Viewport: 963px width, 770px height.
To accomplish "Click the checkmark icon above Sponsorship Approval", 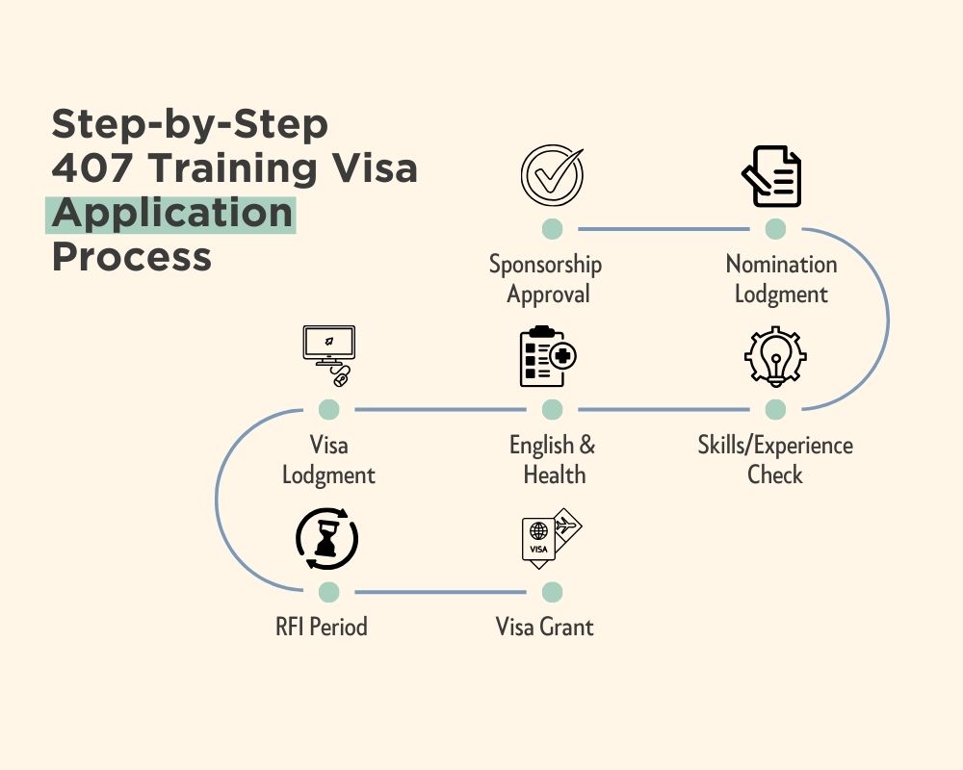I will [552, 175].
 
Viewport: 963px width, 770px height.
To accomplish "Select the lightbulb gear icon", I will [775, 357].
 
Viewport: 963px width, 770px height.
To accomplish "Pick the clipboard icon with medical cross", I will [547, 356].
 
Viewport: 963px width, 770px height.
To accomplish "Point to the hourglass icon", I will [327, 540].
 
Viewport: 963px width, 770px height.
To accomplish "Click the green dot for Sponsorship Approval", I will [552, 229].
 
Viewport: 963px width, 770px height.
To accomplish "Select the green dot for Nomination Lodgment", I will [775, 229].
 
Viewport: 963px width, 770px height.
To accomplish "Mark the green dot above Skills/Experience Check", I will [775, 410].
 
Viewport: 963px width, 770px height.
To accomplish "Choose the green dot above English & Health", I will [552, 410].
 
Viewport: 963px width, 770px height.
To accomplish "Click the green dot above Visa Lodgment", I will [328, 410].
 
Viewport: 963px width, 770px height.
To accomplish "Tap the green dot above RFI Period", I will [328, 591].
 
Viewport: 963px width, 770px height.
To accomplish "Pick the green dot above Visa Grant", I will [552, 591].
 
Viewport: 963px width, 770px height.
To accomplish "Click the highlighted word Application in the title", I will [171, 214].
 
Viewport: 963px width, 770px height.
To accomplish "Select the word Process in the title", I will [131, 257].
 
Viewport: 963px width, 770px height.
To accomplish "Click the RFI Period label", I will [321, 628].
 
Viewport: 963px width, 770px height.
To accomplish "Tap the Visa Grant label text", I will [544, 628].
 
